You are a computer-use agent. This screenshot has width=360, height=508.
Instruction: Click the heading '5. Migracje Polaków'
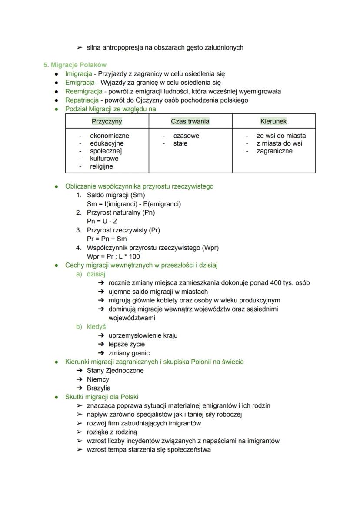(x=75, y=65)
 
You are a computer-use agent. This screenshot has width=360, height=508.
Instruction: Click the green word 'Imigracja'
(x=79, y=74)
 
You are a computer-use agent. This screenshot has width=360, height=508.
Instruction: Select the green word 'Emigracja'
(x=80, y=83)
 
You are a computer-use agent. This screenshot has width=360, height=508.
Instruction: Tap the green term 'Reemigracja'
(x=83, y=91)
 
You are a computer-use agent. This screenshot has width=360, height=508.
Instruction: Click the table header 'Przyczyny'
(x=107, y=121)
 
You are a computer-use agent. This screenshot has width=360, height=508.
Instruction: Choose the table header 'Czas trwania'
(x=190, y=121)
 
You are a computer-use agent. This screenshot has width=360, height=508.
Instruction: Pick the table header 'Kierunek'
(x=273, y=121)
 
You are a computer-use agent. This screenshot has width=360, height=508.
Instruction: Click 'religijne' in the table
(x=101, y=166)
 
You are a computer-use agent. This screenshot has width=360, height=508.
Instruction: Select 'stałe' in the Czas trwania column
(x=180, y=143)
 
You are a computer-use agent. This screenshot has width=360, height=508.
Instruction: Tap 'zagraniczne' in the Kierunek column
(x=274, y=151)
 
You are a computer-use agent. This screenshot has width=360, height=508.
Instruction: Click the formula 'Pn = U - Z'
(x=102, y=221)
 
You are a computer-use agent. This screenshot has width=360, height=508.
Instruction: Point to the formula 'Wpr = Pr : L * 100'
(x=113, y=256)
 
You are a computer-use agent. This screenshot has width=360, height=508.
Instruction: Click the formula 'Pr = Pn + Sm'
(x=107, y=239)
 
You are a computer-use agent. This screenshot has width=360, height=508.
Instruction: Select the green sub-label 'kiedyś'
(x=96, y=327)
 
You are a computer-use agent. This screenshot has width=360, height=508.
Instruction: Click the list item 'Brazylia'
(x=99, y=388)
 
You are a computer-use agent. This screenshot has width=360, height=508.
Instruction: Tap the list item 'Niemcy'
(x=98, y=379)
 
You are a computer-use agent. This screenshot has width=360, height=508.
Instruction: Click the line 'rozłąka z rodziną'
(x=112, y=432)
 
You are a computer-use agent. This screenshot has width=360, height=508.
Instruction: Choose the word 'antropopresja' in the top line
(x=123, y=47)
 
